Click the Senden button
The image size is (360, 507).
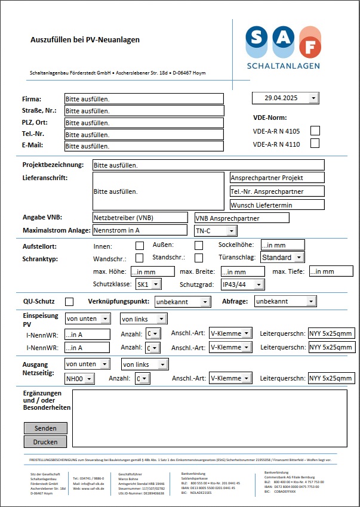45,428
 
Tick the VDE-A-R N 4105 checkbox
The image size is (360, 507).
315,130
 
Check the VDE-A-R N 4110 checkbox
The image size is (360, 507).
315,143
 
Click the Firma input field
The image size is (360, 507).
144,99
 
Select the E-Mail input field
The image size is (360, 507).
144,146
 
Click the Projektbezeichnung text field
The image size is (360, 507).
208,165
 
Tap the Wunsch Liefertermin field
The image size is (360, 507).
277,205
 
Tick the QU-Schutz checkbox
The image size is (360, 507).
70,302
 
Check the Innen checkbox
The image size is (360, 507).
140,245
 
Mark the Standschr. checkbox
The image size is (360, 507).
199,258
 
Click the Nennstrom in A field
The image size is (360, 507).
140,230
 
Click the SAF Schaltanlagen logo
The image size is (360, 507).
284,48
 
